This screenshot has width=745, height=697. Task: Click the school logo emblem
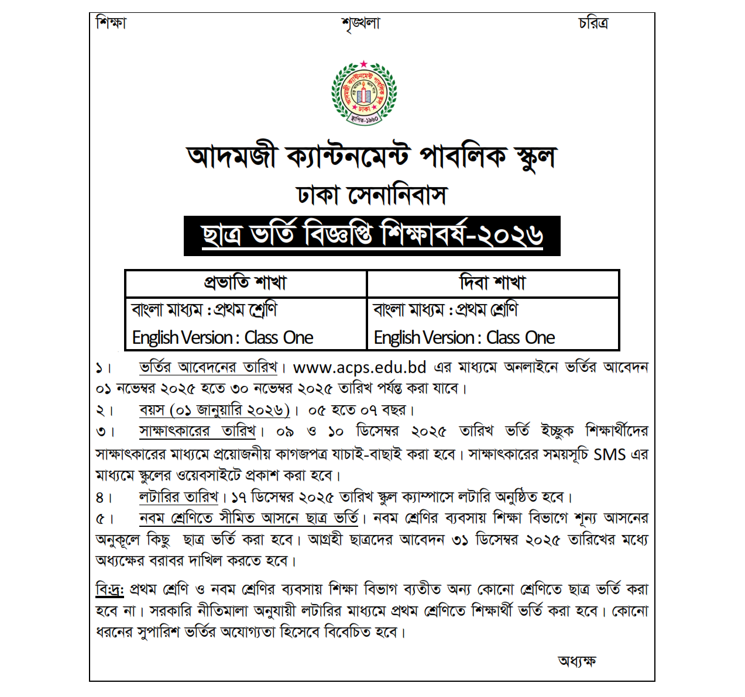364,93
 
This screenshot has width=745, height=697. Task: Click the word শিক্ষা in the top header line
111,23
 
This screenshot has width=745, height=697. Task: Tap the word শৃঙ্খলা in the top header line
361,24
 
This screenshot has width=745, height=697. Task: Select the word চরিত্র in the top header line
593,23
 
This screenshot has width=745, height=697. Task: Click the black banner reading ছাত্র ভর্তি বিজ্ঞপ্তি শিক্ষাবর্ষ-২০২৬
372,236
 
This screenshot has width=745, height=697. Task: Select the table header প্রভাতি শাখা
245,283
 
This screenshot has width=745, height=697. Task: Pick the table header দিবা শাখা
493,283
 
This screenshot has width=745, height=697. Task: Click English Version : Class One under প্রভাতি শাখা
222,337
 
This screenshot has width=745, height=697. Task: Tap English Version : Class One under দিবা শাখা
464,337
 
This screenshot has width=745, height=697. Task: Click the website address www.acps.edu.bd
359,367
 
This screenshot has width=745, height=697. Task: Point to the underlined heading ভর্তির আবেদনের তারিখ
208,367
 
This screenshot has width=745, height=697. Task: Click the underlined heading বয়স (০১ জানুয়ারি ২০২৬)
214,410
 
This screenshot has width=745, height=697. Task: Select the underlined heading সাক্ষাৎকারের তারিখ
198,431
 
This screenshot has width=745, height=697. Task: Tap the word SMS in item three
609,454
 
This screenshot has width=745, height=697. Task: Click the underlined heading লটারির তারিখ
178,497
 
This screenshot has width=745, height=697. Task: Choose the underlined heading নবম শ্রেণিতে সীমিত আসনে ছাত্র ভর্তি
249,518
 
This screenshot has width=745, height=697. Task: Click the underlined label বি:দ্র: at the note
109,589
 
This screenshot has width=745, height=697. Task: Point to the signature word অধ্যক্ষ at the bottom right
576,661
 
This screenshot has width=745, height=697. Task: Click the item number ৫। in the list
105,519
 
